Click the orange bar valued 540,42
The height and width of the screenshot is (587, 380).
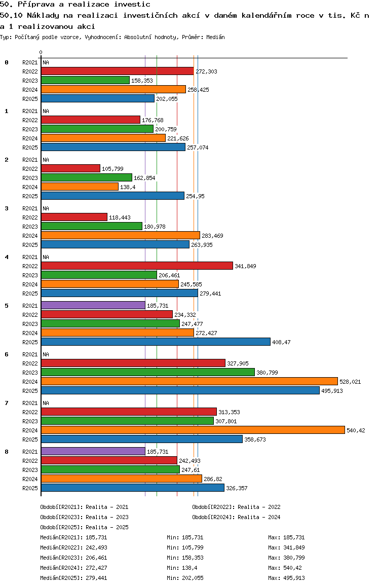pyautogui.click(x=193, y=430)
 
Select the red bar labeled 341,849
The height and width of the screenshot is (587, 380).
pyautogui.click(x=137, y=266)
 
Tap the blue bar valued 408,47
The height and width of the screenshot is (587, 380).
pyautogui.click(x=156, y=342)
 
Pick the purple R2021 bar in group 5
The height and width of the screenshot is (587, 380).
pyautogui.click(x=93, y=306)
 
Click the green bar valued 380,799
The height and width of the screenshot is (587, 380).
pyautogui.click(x=148, y=372)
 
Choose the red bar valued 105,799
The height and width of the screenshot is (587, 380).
pyautogui.click(x=71, y=168)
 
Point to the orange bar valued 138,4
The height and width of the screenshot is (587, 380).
pyautogui.click(x=80, y=187)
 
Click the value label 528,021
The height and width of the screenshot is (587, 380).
pyautogui.click(x=350, y=382)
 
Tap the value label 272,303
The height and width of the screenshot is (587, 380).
pyautogui.click(x=206, y=71)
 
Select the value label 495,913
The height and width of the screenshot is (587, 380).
pyautogui.click(x=332, y=391)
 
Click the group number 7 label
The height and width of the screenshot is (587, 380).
pyautogui.click(x=7, y=403)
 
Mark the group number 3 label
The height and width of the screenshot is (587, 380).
pyautogui.click(x=7, y=208)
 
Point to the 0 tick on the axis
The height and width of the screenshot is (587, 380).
pyautogui.click(x=41, y=52)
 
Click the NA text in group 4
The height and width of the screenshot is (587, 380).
pyautogui.click(x=46, y=257)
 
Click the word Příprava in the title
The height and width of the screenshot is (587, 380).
pyautogui.click(x=36, y=5)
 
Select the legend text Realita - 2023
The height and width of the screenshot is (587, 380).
pyautogui.click(x=107, y=517)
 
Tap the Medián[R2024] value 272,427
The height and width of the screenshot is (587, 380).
pyautogui.click(x=96, y=568)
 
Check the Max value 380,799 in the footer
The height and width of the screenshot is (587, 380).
pyautogui.click(x=294, y=558)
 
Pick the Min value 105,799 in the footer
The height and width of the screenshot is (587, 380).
pyautogui.click(x=193, y=547)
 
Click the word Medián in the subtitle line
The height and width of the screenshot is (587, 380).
pyautogui.click(x=216, y=37)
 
